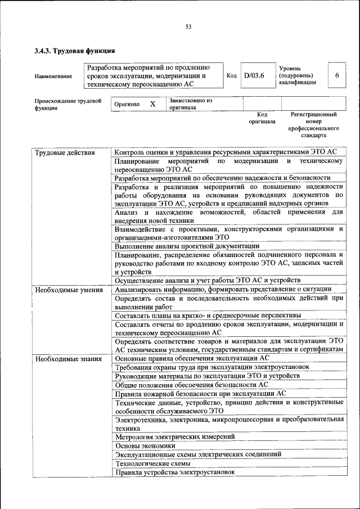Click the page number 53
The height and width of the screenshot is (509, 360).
(188, 26)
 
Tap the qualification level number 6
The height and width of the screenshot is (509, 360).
(336, 75)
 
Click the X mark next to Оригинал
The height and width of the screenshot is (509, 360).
(152, 104)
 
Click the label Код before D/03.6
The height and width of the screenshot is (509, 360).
(231, 75)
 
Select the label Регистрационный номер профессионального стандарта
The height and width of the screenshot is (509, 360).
(313, 125)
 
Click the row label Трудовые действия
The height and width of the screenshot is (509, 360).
(65, 153)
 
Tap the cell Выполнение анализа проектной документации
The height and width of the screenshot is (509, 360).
(187, 246)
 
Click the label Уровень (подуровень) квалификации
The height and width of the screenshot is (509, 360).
(297, 75)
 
